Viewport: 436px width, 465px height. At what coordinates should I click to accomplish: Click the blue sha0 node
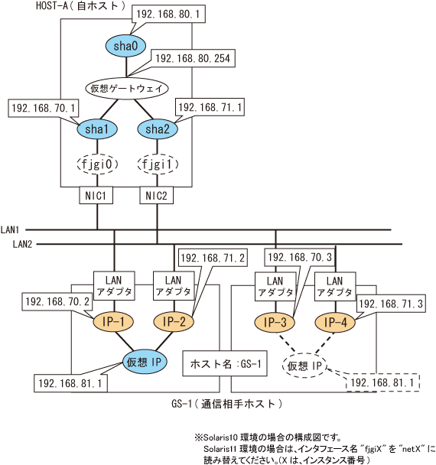pyautogui.click(x=125, y=46)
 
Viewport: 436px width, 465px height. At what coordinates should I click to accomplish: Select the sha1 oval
pyautogui.click(x=97, y=129)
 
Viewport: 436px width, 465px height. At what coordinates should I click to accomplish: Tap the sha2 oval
pyautogui.click(x=158, y=129)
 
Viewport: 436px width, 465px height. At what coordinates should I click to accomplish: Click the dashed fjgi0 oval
pyautogui.click(x=97, y=164)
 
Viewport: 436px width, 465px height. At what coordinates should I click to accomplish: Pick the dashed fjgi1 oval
pyautogui.click(x=158, y=164)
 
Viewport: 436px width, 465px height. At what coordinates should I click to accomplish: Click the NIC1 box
pyautogui.click(x=96, y=196)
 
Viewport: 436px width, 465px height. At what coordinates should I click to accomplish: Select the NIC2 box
pyautogui.click(x=156, y=196)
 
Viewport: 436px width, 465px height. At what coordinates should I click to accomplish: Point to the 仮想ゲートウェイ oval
pyautogui.click(x=127, y=89)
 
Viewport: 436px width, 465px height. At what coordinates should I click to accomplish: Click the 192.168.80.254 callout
pyautogui.click(x=193, y=58)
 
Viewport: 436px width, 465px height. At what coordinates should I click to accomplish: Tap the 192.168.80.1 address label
pyautogui.click(x=168, y=14)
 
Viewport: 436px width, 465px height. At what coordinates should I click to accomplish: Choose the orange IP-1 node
pyautogui.click(x=113, y=322)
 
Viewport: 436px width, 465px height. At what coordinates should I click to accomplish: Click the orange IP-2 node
pyautogui.click(x=174, y=322)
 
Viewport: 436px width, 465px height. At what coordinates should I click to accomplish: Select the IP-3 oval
pyautogui.click(x=275, y=322)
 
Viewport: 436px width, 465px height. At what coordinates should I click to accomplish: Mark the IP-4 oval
pyautogui.click(x=335, y=322)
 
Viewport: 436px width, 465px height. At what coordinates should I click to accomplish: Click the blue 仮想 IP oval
pyautogui.click(x=145, y=362)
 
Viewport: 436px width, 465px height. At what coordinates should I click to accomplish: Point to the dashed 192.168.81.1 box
pyautogui.click(x=382, y=383)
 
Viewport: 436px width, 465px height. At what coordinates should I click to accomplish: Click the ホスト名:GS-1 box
pyautogui.click(x=225, y=363)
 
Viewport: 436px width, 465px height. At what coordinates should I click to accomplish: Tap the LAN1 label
pyautogui.click(x=10, y=229)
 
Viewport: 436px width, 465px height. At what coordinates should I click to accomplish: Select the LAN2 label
pyautogui.click(x=22, y=244)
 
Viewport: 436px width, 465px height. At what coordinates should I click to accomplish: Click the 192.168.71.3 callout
pyautogui.click(x=391, y=304)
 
